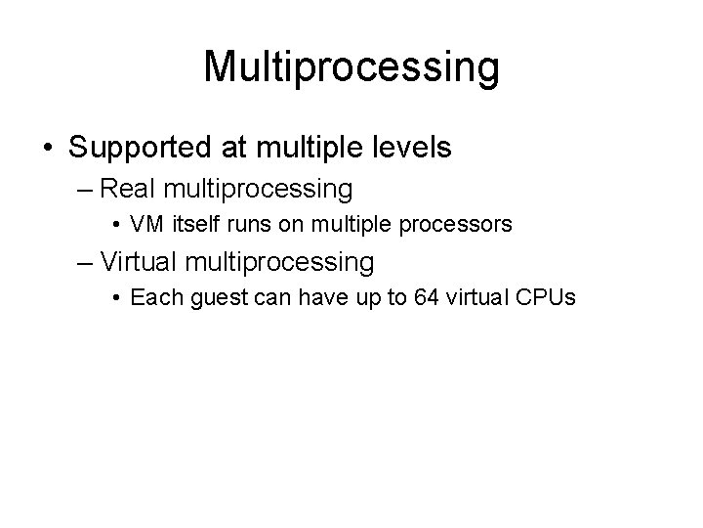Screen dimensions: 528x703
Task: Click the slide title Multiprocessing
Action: (351, 67)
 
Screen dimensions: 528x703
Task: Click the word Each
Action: (150, 297)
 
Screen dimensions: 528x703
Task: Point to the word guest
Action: (202, 298)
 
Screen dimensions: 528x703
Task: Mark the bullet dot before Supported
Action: (48, 150)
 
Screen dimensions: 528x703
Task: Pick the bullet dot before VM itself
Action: (117, 226)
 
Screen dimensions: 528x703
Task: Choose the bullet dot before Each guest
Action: (117, 298)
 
